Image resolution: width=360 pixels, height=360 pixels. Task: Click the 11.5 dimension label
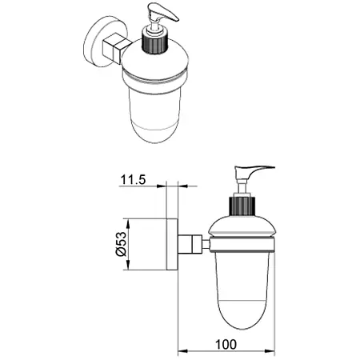134,179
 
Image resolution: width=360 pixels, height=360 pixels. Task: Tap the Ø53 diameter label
121,244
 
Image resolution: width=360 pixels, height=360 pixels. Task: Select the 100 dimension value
226,344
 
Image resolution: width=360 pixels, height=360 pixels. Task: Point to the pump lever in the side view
254,173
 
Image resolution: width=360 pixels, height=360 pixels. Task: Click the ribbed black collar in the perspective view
154,42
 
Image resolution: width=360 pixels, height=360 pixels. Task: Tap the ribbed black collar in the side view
242,206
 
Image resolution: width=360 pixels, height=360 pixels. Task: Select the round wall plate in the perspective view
98,42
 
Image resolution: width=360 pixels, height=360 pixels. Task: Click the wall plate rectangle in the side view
172,244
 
